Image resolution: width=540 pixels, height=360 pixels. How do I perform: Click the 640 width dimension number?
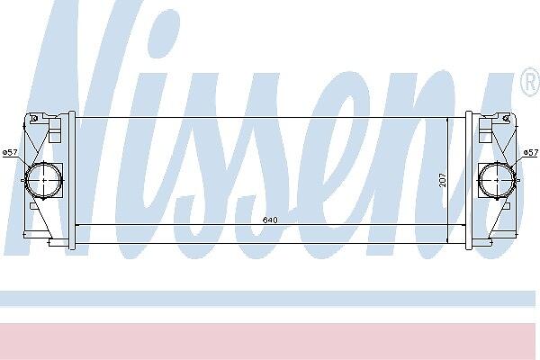tap(270, 220)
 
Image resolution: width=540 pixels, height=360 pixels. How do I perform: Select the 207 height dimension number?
tap(443, 180)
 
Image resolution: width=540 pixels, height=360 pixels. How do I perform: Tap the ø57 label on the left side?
tap(10, 152)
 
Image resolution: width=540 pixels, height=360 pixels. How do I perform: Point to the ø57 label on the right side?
tap(531, 152)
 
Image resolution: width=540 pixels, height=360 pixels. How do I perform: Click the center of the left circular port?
tap(44, 180)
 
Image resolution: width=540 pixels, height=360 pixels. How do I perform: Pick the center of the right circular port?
tap(497, 180)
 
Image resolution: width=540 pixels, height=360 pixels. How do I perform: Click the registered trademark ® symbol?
tap(530, 82)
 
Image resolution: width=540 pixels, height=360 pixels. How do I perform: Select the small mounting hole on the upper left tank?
tap(34, 119)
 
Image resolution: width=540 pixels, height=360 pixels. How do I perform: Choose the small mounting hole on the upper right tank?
tap(506, 119)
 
